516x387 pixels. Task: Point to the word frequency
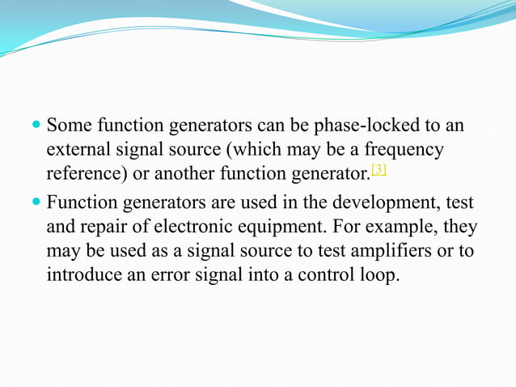pos(404,151)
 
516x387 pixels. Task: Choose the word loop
pos(374,275)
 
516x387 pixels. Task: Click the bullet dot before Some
pos(36,127)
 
